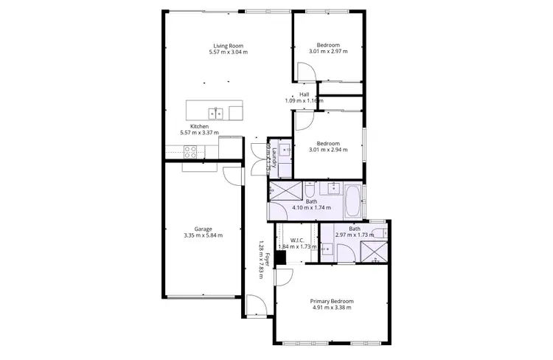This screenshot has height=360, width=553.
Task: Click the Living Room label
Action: coord(227,46)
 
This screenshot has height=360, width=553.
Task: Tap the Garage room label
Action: coord(204,229)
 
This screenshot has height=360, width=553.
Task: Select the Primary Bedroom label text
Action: coord(331,302)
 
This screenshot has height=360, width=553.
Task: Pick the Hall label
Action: coord(305,94)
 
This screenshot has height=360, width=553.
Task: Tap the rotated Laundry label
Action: coord(274,156)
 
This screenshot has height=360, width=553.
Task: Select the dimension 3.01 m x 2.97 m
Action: coord(327,51)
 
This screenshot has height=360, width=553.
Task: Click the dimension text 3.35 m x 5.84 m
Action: coord(204,235)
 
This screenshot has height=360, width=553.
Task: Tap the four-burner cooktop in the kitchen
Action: coord(189,153)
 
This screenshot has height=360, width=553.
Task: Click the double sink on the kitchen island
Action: coord(216,113)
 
